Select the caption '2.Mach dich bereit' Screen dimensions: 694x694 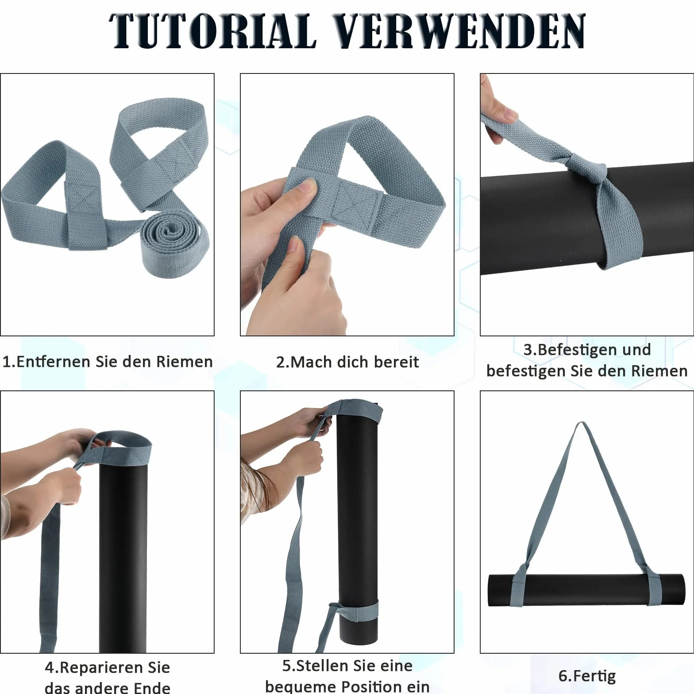pos(347,362)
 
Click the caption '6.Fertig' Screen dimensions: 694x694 pos(587,676)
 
